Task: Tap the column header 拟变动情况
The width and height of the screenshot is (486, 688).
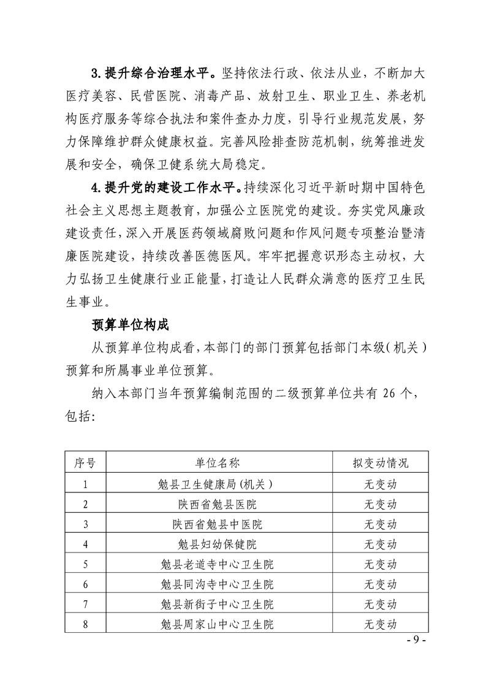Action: [x=380, y=463]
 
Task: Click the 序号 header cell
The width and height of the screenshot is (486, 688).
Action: [x=85, y=463]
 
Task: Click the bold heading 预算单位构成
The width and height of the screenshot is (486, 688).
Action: [x=130, y=323]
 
